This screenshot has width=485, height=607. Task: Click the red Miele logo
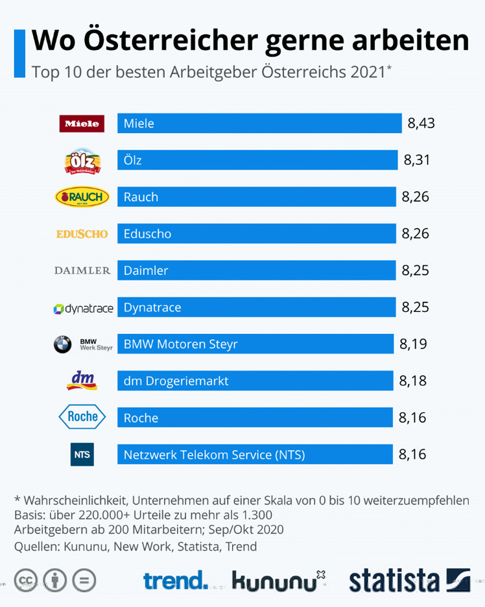tap(82, 123)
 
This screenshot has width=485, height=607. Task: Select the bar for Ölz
tap(257, 160)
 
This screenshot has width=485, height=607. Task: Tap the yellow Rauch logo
tap(82, 196)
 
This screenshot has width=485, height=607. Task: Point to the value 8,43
tap(421, 123)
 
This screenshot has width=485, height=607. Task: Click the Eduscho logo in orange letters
tap(82, 233)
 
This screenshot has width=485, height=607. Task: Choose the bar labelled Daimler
tap(257, 270)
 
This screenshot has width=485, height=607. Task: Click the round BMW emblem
tap(62, 344)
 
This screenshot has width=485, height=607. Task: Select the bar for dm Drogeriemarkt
tap(255, 381)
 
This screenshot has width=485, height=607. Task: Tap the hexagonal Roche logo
tap(82, 416)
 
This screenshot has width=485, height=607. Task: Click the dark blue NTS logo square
tap(82, 454)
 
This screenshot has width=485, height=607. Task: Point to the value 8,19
tap(413, 344)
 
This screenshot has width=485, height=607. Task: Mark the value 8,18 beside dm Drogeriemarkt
tap(413, 381)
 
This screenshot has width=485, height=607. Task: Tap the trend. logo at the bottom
tap(176, 578)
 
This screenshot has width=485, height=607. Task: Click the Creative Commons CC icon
tap(26, 579)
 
